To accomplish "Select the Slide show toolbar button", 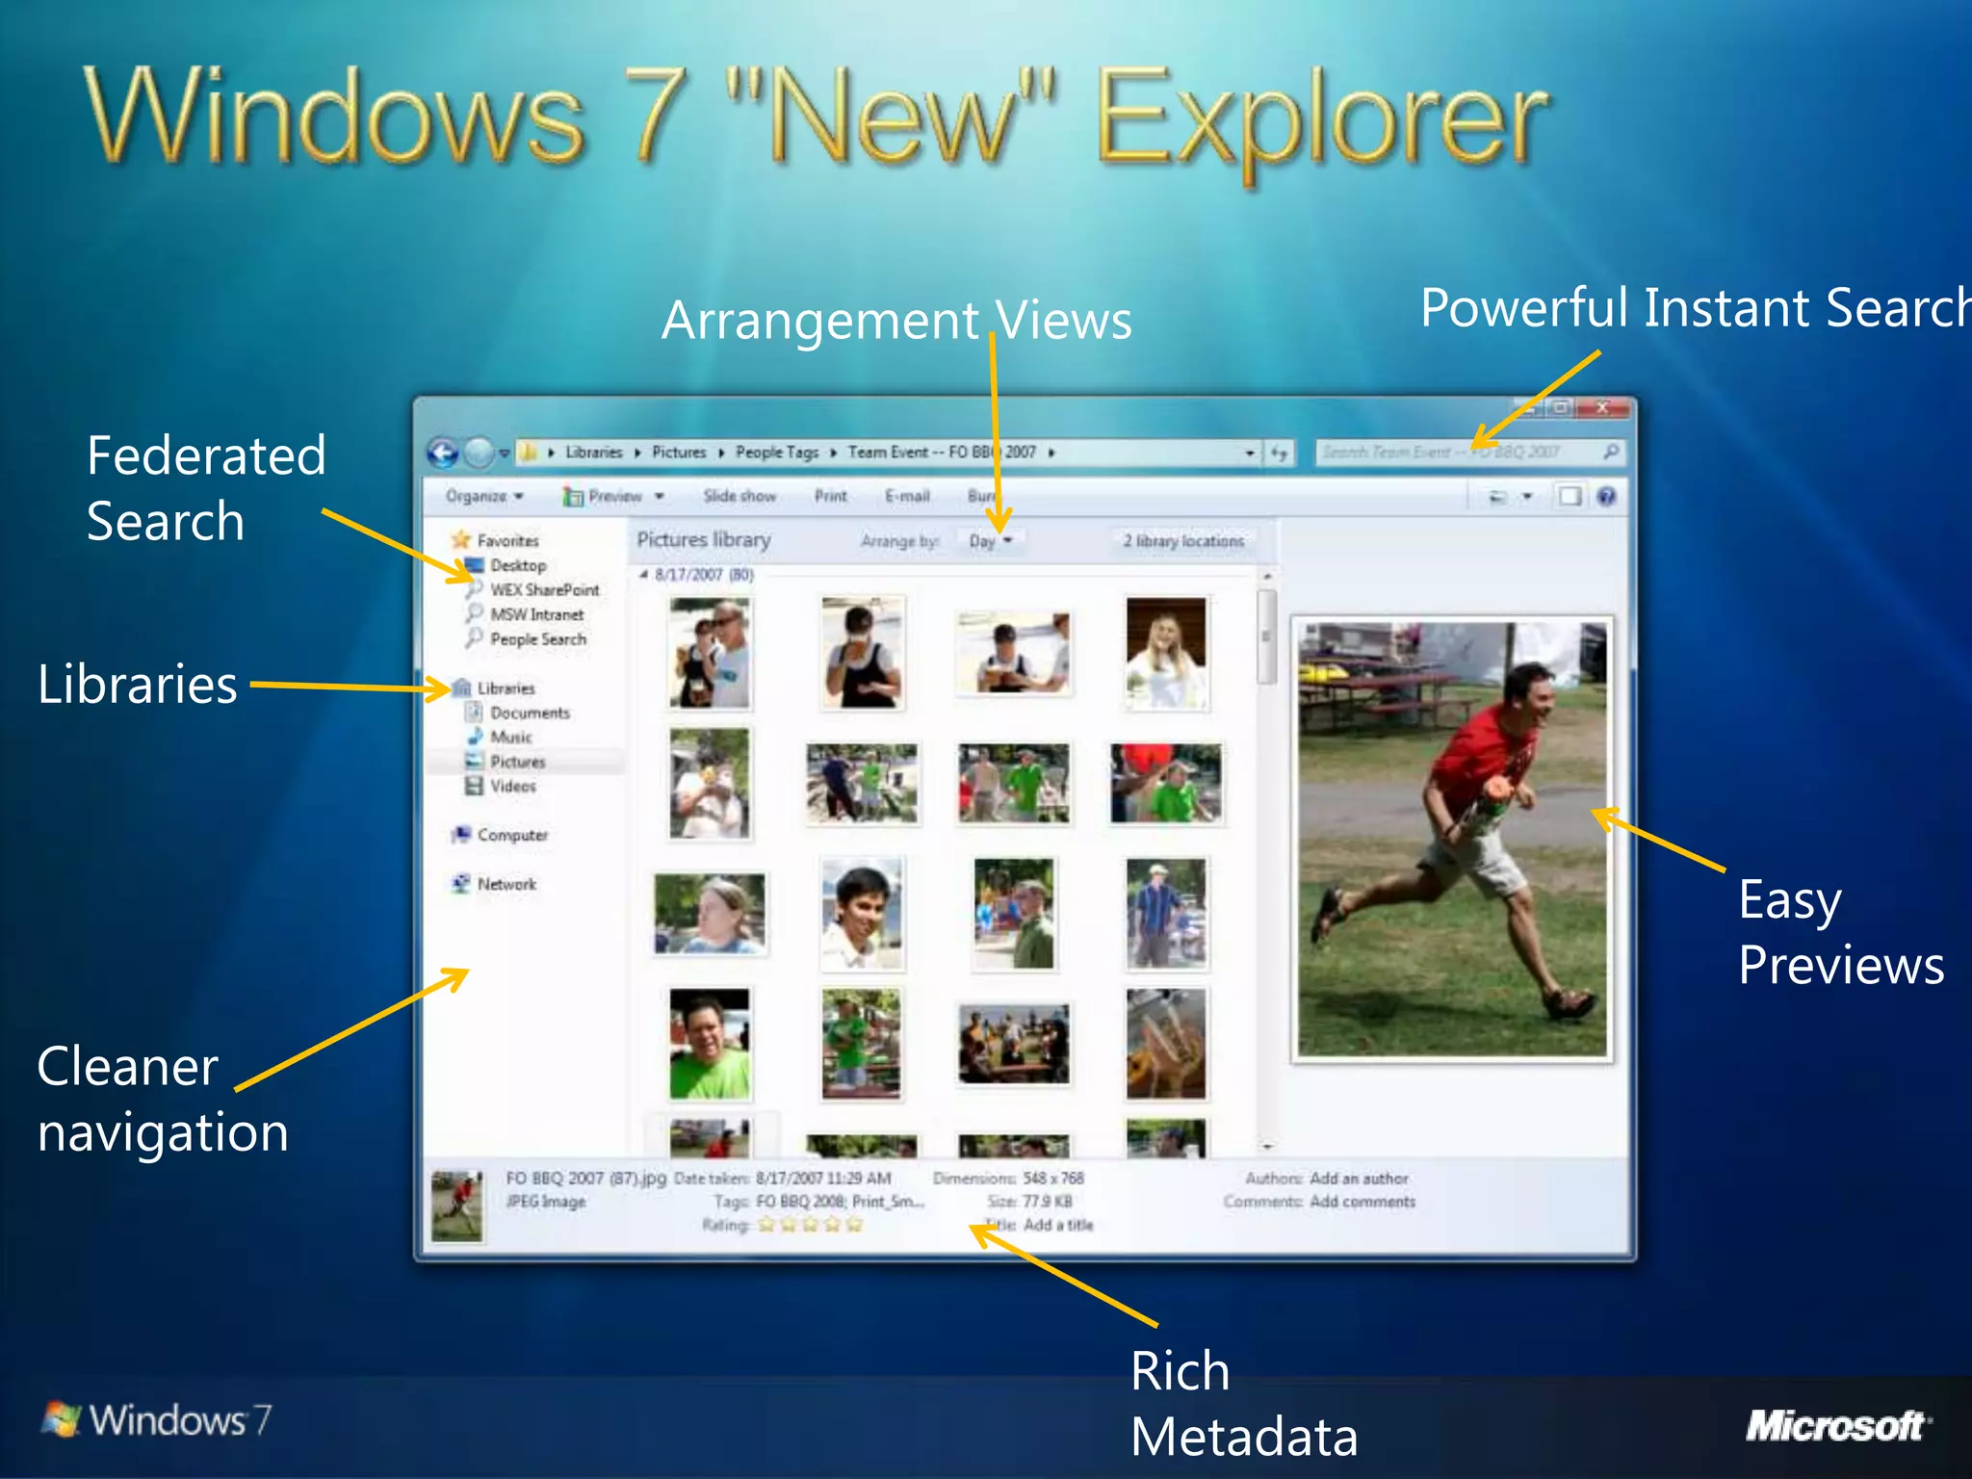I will click(x=739, y=496).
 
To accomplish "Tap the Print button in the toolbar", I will click(x=830, y=496).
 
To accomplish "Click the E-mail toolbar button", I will click(x=907, y=496).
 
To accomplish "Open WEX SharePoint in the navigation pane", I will click(x=544, y=589).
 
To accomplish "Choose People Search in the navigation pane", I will click(x=537, y=638).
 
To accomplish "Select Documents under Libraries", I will click(x=530, y=713).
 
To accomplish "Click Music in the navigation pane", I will click(x=510, y=737).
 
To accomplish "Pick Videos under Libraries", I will click(x=512, y=786).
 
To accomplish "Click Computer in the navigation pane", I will click(x=511, y=835).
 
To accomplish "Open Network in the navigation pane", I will click(x=506, y=884).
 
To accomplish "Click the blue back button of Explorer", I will click(x=443, y=452).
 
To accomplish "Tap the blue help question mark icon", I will click(x=1606, y=496).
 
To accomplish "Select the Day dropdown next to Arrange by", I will click(x=990, y=541).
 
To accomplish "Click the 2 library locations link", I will click(x=1183, y=541).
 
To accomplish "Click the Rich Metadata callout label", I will click(x=1242, y=1403).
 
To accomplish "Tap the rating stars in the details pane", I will click(x=810, y=1225).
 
